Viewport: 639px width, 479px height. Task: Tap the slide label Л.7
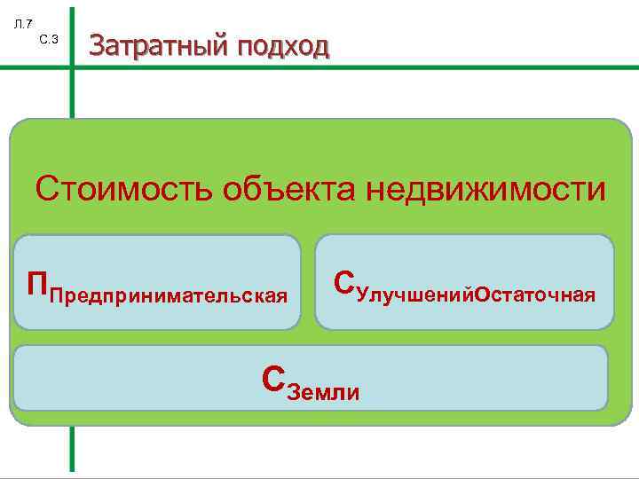coord(24,24)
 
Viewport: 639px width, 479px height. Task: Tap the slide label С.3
coord(49,39)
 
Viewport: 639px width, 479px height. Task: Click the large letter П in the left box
coord(37,285)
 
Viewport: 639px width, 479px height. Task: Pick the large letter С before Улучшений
coord(344,281)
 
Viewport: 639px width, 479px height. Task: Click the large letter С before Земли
coord(274,379)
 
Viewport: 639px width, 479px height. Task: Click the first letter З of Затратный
coord(97,45)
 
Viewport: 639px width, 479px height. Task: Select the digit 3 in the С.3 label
coord(55,39)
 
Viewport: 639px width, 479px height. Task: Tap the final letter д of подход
coord(320,46)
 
